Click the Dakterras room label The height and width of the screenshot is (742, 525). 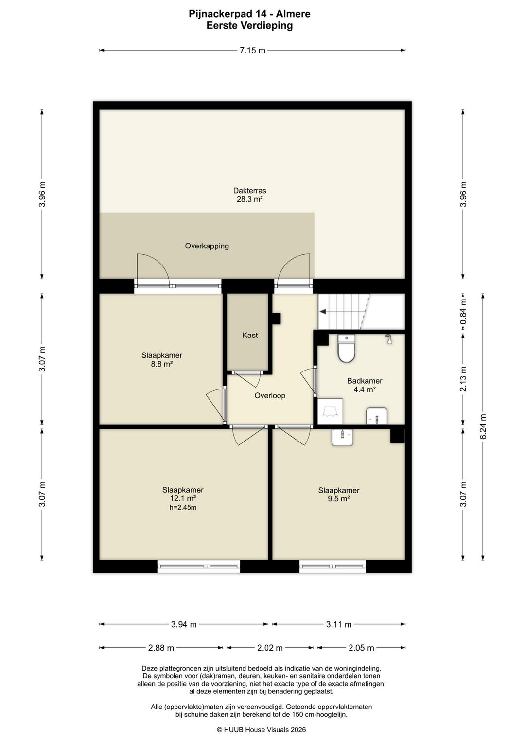[x=249, y=191]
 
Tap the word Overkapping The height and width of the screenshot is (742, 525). [x=207, y=246]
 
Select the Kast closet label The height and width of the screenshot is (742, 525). [x=250, y=335]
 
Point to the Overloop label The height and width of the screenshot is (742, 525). [x=270, y=395]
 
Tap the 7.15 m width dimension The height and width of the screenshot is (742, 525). [x=252, y=51]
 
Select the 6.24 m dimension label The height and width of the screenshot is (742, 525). [x=483, y=426]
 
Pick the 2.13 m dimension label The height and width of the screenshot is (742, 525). [x=463, y=379]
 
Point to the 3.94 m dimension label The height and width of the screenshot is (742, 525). [x=184, y=625]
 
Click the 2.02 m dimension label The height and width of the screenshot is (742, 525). [x=270, y=648]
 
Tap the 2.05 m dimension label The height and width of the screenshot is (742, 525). [x=361, y=648]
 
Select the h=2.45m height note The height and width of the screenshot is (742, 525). [x=183, y=508]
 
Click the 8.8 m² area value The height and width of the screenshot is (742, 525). [x=162, y=364]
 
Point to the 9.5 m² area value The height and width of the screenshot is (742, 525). [x=339, y=499]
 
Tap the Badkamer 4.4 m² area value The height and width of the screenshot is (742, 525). [x=365, y=389]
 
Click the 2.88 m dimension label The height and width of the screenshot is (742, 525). [x=161, y=648]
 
